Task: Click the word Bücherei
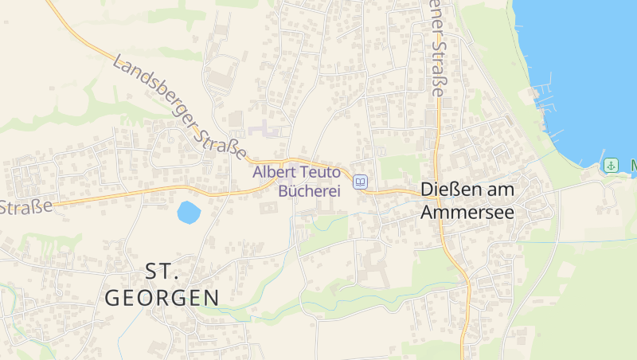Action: click(309, 190)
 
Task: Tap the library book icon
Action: click(361, 182)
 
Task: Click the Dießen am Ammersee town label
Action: click(467, 202)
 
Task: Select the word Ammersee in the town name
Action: click(467, 213)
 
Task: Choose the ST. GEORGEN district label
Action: click(162, 284)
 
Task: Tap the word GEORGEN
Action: click(162, 298)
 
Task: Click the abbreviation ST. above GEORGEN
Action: click(162, 272)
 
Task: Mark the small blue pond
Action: click(189, 212)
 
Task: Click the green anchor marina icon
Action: click(611, 166)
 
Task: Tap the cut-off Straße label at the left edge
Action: click(25, 207)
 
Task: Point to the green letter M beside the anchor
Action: click(633, 166)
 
